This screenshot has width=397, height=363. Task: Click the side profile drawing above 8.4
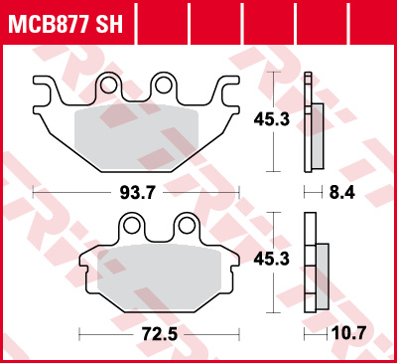(x=315, y=123)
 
